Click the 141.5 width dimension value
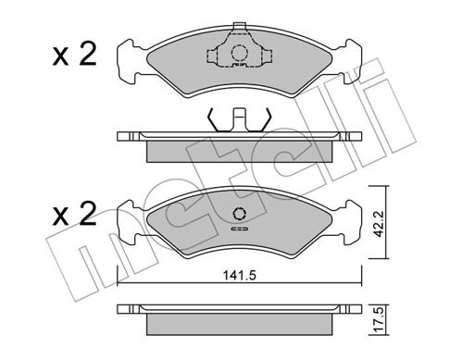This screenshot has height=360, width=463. coord(240,275)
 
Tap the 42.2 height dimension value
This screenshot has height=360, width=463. coord(378,224)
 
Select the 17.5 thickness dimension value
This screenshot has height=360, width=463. coord(378,319)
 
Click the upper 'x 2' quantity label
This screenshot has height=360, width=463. coord(74,55)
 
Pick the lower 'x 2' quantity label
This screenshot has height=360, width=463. coord(74,214)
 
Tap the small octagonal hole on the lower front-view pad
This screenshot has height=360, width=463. coord(239,213)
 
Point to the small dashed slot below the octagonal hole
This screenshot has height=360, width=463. coord(239,229)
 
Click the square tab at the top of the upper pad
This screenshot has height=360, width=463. coord(239,26)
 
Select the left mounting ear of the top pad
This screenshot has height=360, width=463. coord(127,61)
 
